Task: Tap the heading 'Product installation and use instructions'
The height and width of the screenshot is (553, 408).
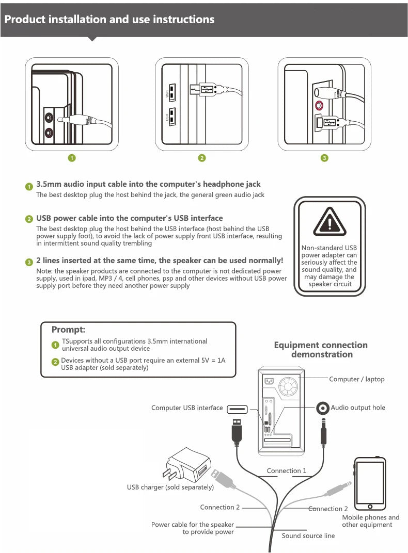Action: coord(109,20)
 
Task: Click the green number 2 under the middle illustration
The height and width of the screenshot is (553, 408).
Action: coord(202,158)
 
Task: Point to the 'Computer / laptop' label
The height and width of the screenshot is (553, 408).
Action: coord(357,379)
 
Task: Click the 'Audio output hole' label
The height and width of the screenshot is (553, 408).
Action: coord(358,408)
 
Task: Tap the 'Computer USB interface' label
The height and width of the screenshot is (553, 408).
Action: coord(187,408)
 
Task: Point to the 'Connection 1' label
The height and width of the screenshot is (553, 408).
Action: coord(287,470)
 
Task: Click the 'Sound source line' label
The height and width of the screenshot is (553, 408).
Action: coord(308,535)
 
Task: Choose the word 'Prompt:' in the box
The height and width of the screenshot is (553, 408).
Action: coord(68,329)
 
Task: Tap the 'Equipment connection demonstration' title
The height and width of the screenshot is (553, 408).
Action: coord(321,349)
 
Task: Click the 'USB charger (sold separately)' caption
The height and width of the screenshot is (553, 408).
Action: coord(170,487)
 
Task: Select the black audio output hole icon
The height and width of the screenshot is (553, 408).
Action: coord(323,409)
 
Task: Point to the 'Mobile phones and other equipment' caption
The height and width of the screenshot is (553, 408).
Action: coord(370,521)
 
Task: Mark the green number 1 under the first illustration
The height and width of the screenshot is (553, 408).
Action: coord(72,158)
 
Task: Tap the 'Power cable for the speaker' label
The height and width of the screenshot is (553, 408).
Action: coord(192,525)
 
